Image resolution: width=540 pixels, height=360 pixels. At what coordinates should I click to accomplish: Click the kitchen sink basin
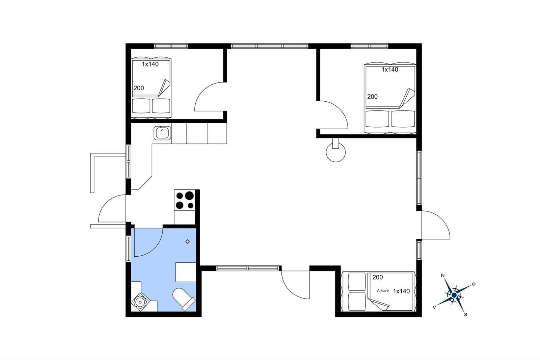[162, 133]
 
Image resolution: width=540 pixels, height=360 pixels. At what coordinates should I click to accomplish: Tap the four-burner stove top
[185, 200]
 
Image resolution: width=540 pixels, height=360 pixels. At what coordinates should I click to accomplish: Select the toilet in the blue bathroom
[184, 299]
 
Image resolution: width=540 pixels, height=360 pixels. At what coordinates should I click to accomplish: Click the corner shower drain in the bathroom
[140, 302]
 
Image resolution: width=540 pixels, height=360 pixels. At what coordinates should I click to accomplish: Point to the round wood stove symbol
[335, 152]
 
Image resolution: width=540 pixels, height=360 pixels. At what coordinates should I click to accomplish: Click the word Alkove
[383, 290]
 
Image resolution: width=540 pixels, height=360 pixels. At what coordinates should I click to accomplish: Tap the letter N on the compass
[442, 276]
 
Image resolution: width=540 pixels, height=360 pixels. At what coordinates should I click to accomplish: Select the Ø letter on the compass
[474, 284]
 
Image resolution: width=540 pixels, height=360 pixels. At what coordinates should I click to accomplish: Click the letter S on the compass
[465, 315]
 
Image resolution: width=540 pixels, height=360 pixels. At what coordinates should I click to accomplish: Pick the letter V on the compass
[434, 307]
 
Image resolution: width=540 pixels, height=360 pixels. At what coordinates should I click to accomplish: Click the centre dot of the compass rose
[454, 295]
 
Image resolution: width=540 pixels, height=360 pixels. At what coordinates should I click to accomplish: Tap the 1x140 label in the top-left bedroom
[150, 64]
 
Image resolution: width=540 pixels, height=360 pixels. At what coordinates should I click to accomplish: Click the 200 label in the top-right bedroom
[373, 97]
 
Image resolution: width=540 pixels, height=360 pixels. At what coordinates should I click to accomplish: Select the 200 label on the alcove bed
[378, 278]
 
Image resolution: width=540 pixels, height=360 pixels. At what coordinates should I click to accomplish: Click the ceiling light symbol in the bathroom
[188, 241]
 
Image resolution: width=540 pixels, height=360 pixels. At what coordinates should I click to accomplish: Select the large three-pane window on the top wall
[270, 46]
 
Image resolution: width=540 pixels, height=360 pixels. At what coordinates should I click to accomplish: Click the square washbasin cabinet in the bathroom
[186, 272]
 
